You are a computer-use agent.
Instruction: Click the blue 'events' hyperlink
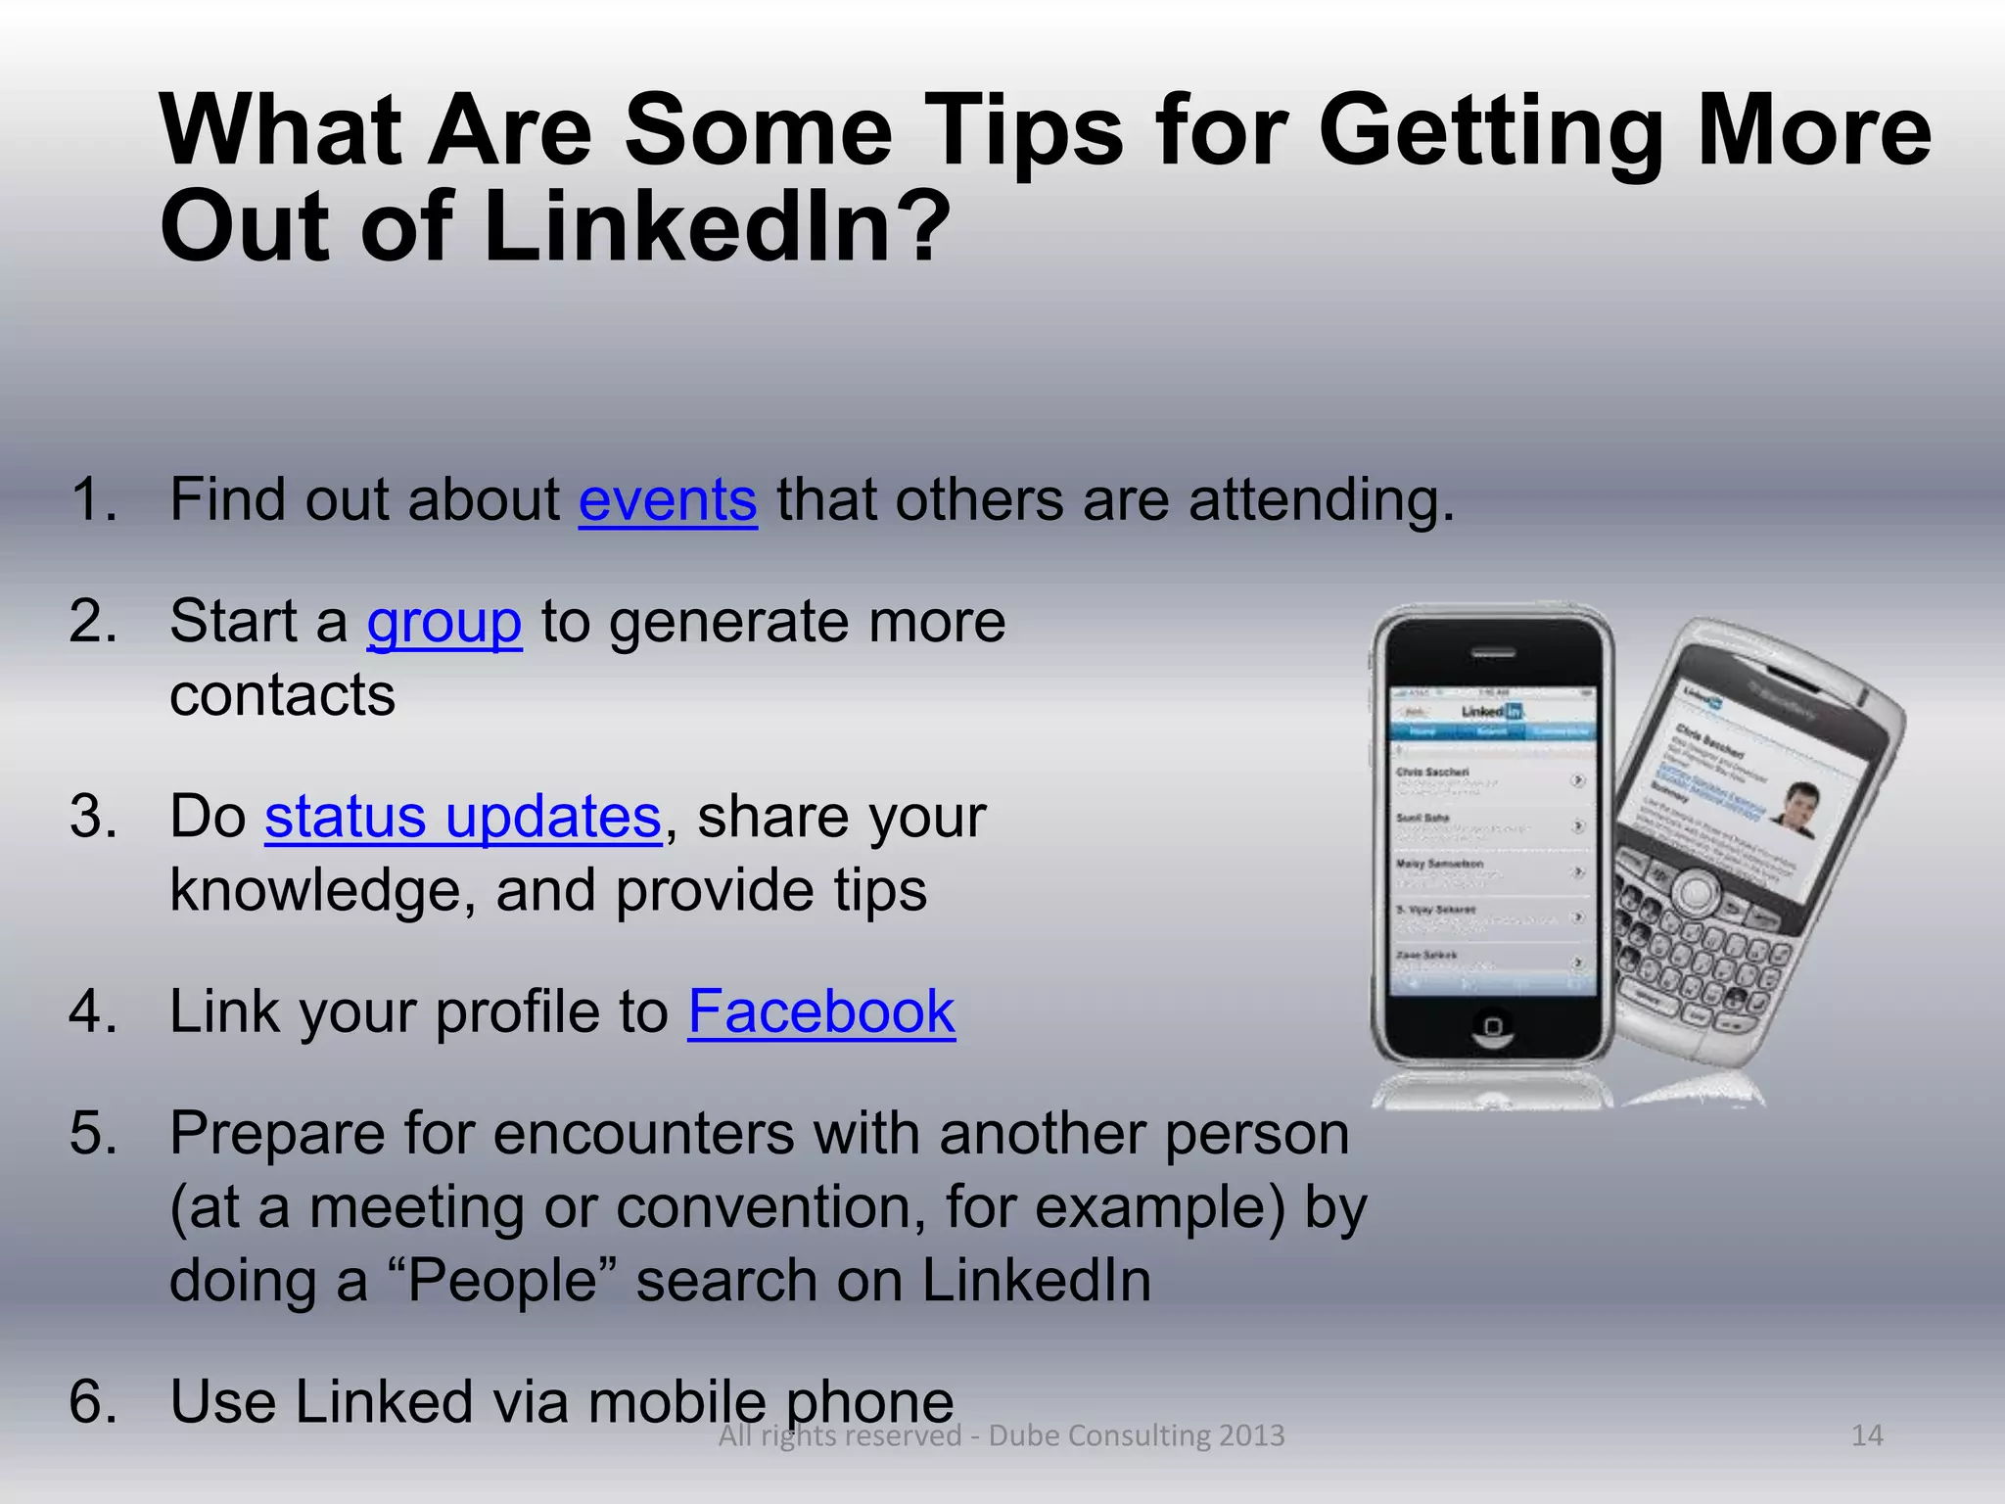[668, 499]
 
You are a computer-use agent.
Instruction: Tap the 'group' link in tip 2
[443, 622]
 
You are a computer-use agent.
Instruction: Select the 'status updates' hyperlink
[462, 817]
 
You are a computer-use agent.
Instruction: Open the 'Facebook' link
[821, 1011]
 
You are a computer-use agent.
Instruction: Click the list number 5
[93, 1133]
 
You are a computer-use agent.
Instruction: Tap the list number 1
[93, 499]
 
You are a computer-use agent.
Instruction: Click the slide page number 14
[1867, 1435]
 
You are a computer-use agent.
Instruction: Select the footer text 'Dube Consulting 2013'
[1136, 1435]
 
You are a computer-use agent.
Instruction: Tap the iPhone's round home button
[1492, 1025]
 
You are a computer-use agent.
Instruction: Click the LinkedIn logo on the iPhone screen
[1493, 711]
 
